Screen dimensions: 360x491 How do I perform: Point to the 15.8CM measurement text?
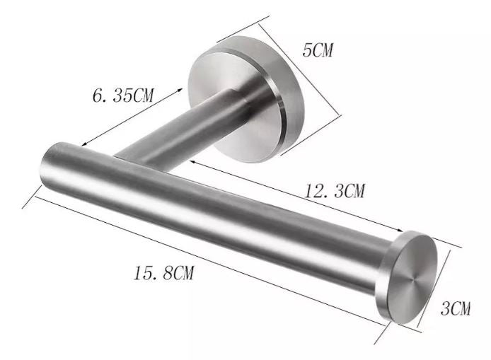click(163, 272)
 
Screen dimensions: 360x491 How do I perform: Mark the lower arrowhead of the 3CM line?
click(420, 326)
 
